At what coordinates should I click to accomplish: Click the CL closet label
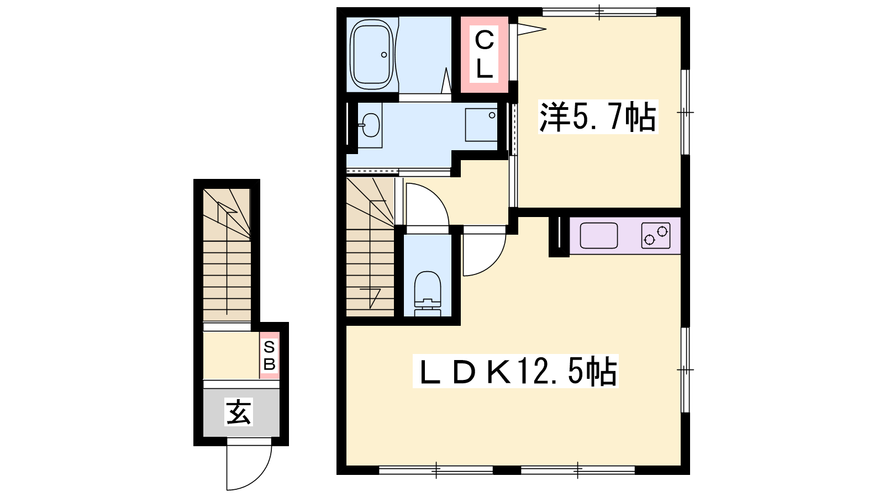[x=484, y=55]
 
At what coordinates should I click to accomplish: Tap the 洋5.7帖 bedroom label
[x=598, y=117]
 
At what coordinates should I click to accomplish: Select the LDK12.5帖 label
[x=515, y=371]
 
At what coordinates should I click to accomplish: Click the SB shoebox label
[x=269, y=356]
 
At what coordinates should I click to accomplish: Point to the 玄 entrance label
[x=238, y=412]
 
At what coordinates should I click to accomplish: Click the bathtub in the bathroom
[x=371, y=55]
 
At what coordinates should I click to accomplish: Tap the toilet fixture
[x=428, y=294]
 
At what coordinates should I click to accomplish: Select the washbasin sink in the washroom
[x=370, y=125]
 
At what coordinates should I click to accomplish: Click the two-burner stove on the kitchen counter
[x=656, y=236]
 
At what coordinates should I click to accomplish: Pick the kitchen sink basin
[x=599, y=235]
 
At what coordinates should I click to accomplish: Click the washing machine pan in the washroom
[x=481, y=125]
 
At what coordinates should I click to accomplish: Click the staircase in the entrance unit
[x=227, y=255]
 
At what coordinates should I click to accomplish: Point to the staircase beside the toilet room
[x=370, y=247]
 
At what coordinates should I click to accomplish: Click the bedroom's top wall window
[x=599, y=12]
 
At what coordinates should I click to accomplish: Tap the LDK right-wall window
[x=686, y=369]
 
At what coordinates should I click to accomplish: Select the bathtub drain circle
[x=383, y=55]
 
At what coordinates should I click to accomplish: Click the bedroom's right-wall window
[x=686, y=113]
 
